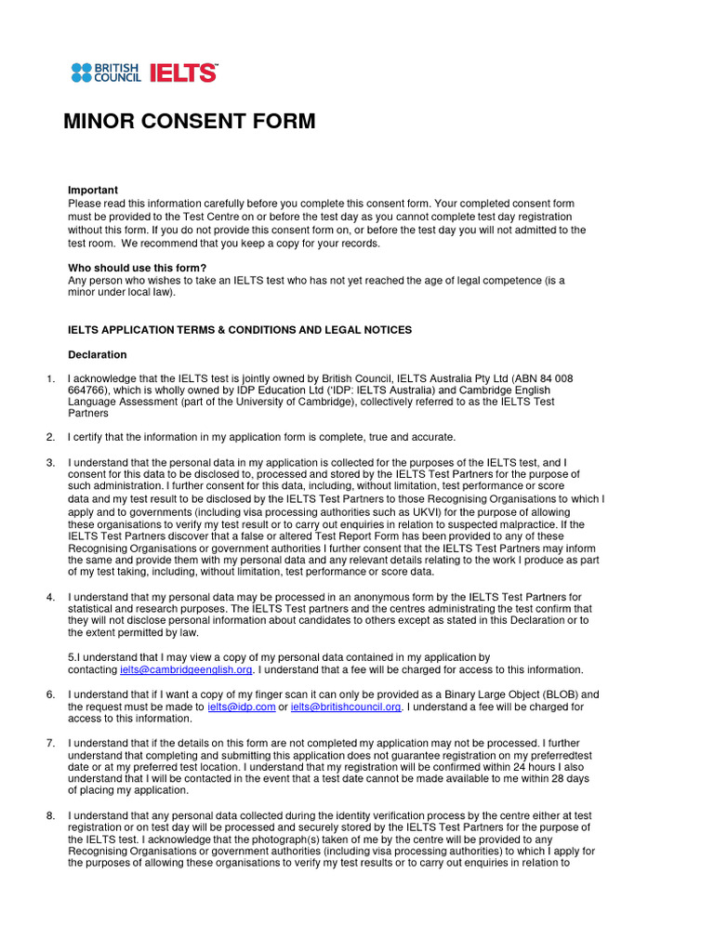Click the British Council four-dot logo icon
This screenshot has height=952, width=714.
(x=83, y=73)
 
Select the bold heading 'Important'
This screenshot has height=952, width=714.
(x=93, y=191)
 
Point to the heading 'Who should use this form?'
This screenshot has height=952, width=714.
(x=137, y=268)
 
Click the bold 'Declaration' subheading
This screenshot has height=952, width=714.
(x=98, y=355)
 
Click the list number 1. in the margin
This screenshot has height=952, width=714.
(x=50, y=378)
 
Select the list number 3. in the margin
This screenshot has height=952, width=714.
(x=50, y=462)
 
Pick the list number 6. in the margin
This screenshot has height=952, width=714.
(x=50, y=694)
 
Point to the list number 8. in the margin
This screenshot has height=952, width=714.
(x=50, y=815)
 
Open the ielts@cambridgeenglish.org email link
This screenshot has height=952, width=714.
(x=186, y=669)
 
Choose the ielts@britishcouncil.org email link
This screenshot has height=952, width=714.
(x=346, y=707)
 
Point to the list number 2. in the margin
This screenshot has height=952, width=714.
(x=50, y=437)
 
